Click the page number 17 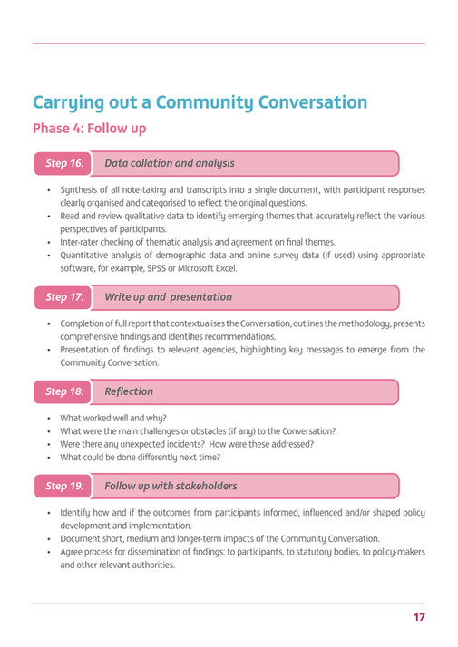418,617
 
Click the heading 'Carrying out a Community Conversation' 200,102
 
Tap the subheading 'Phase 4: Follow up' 89,129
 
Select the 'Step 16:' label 64,163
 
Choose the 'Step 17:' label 64,297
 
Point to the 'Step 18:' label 64,391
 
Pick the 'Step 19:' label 64,486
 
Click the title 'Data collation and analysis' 170,163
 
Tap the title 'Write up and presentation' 168,297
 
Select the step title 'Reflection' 129,391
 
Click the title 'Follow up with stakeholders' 171,486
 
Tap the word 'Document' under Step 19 82,538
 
